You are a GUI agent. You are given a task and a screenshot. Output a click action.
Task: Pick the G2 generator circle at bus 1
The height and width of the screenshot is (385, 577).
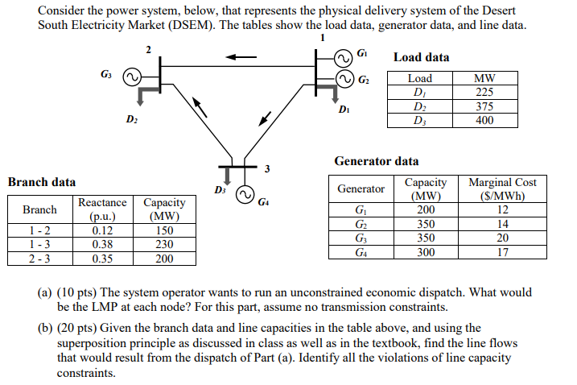point(346,79)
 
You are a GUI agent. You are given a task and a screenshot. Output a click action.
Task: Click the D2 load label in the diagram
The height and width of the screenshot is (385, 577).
point(131,120)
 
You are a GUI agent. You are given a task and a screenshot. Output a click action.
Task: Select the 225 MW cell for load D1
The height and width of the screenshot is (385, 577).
point(484,92)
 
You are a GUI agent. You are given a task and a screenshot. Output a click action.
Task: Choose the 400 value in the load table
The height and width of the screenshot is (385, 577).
point(484,120)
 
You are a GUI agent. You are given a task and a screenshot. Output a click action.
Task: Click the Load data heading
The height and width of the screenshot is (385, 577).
point(421,57)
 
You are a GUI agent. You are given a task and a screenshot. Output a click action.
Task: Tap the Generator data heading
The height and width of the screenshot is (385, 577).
point(376,161)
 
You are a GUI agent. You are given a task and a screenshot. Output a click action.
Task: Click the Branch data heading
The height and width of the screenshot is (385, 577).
point(41,182)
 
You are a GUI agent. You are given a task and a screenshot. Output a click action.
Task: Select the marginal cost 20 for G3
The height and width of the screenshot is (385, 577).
point(502,238)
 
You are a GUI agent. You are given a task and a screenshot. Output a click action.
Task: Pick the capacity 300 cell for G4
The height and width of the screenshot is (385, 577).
point(426,252)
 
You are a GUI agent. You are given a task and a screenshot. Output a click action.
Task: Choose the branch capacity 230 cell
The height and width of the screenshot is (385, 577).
point(164,244)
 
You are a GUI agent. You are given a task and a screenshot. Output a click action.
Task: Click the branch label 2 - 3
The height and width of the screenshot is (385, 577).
point(39,259)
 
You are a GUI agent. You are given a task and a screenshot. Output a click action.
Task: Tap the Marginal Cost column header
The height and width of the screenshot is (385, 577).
point(502,188)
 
